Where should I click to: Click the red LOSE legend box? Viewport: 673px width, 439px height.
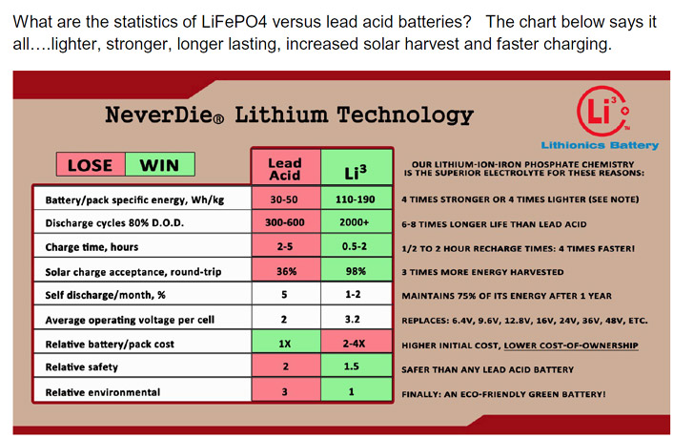coord(90,165)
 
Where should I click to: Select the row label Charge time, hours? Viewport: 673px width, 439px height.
coord(92,247)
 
